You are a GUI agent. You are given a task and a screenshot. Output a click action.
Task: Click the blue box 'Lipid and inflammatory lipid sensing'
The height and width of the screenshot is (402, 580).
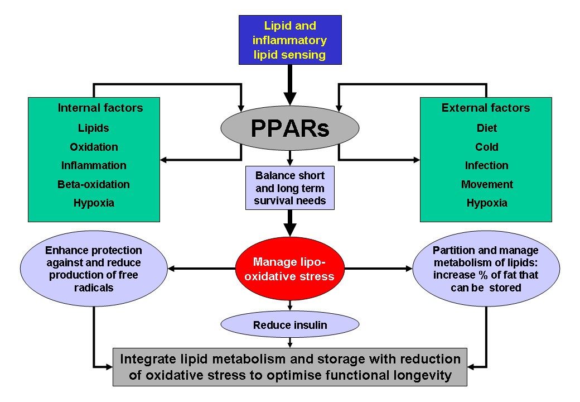290,40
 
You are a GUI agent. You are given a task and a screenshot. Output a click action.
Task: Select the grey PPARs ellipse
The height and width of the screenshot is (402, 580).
290,128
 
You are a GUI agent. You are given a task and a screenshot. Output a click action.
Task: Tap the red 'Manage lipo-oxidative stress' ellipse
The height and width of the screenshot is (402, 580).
290,269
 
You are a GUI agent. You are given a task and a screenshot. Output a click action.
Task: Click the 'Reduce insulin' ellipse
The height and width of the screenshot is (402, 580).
290,325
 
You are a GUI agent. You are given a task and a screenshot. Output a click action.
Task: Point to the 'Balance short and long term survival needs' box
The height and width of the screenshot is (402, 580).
290,188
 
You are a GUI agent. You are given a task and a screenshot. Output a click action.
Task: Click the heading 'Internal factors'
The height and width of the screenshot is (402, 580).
100,108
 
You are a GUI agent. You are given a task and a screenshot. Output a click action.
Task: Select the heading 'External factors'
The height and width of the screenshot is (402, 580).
486,108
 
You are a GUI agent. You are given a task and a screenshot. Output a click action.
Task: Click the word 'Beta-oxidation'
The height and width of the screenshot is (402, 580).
94,184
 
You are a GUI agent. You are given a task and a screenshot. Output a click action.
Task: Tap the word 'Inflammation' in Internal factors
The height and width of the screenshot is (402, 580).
94,165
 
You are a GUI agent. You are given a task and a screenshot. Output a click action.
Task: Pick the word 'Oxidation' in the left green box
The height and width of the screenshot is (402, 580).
94,147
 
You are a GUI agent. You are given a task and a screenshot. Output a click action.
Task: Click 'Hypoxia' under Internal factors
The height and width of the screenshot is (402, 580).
94,203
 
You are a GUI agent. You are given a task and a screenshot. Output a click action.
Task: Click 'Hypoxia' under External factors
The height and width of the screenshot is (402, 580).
487,203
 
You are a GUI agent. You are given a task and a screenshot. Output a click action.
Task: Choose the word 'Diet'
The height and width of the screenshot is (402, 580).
487,128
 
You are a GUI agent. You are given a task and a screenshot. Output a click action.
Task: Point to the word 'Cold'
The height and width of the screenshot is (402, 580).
487,147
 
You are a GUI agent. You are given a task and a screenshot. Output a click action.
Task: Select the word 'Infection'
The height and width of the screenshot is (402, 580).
487,165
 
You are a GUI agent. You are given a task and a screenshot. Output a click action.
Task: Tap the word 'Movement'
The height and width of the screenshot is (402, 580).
487,184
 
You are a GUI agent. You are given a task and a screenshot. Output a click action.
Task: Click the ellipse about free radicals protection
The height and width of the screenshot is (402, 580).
94,269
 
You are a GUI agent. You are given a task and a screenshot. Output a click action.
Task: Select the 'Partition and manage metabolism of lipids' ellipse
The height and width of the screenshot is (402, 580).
486,269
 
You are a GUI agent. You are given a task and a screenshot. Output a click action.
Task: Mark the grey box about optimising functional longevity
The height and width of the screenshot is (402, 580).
290,367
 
